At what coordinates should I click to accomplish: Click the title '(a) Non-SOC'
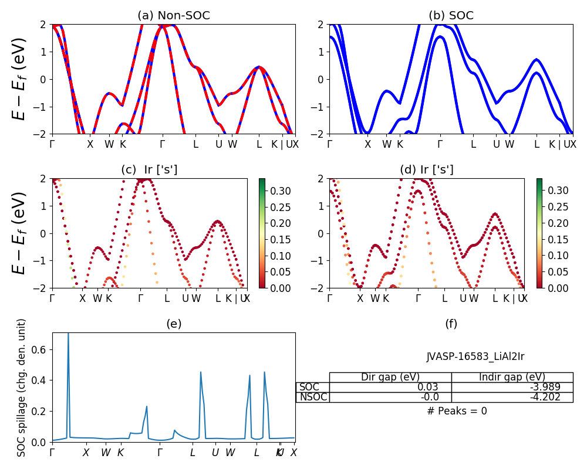tap(174, 16)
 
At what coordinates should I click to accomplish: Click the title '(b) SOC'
tap(451, 16)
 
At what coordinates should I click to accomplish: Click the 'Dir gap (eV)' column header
tap(390, 377)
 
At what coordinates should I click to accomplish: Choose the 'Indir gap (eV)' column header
tap(512, 377)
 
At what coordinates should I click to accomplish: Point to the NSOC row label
tap(312, 397)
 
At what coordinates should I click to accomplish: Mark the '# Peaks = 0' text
tap(457, 411)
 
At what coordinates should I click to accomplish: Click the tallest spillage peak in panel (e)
tap(68, 334)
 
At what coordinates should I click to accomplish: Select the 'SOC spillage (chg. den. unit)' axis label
tap(22, 388)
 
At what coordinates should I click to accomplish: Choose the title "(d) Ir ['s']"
tap(427, 170)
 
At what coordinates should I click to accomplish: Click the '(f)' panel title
tap(451, 324)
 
